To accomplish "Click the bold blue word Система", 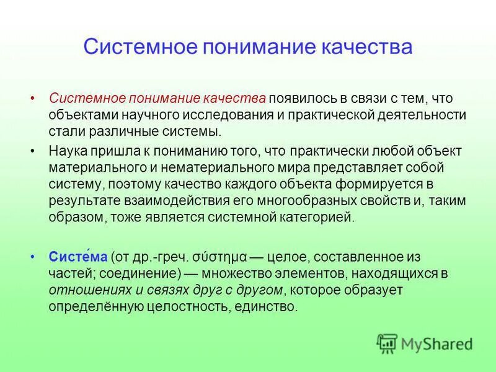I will click(x=70, y=256).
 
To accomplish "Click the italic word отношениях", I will click(x=78, y=290).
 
